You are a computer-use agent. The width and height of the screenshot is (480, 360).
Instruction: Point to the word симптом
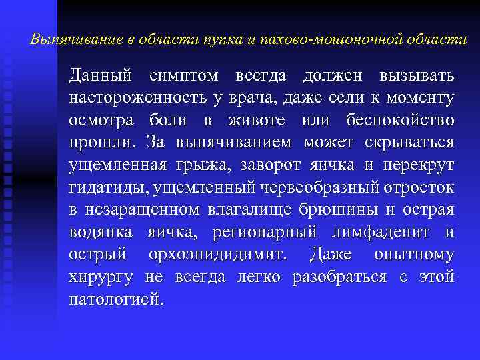point(185,75)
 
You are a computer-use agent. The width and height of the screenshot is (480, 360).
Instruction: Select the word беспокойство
point(401,121)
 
